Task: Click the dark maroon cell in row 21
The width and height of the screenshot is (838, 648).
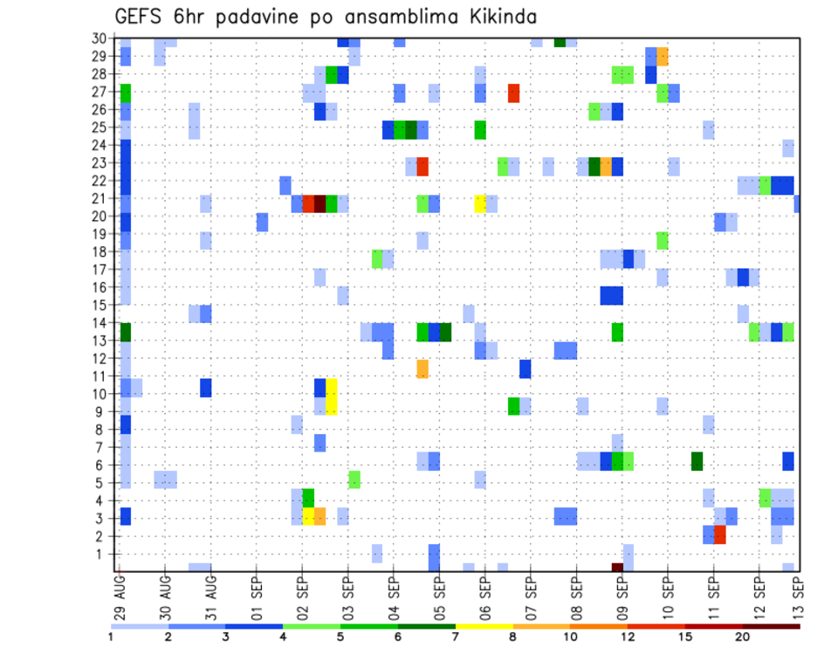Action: [319, 203]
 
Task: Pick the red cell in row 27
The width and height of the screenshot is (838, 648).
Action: [513, 93]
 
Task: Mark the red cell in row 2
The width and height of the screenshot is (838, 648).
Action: [719, 534]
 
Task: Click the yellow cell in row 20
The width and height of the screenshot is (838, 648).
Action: [479, 203]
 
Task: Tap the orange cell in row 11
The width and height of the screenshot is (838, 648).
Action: [422, 369]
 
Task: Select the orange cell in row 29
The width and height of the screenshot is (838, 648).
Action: [662, 56]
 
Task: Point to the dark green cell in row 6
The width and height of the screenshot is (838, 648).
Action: [697, 460]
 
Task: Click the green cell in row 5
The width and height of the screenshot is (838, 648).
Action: [354, 479]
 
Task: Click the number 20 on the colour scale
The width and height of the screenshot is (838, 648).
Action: [742, 637]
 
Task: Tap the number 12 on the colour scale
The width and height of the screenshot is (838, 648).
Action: [627, 637]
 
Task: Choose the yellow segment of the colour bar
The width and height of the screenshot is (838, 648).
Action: [484, 625]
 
